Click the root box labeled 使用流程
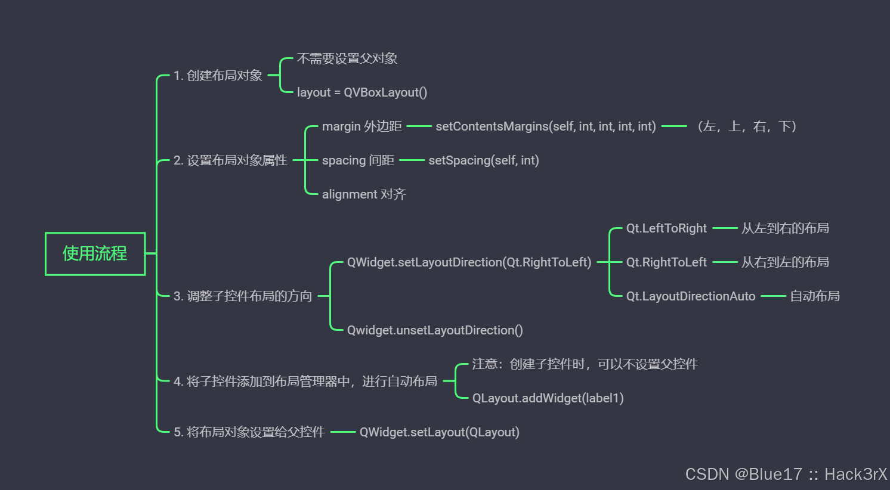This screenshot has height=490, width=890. (x=95, y=254)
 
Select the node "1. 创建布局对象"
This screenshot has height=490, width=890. (x=218, y=76)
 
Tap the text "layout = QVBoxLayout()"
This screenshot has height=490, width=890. (x=361, y=92)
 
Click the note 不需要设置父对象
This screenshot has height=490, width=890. (x=347, y=58)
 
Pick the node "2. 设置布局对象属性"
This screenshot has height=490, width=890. (x=230, y=160)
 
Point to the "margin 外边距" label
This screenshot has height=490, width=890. (x=361, y=126)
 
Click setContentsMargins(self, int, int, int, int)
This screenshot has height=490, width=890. (x=545, y=126)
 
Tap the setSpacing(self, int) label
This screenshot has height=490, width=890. (x=483, y=160)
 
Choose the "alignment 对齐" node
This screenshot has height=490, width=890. (x=363, y=194)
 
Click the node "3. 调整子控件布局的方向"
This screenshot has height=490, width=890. (x=242, y=296)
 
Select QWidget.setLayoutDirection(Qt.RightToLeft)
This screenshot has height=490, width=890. (x=469, y=262)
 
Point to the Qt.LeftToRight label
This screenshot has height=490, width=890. (x=666, y=228)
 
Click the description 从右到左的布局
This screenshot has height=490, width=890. (x=785, y=262)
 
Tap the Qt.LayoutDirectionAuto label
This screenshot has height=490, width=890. (x=690, y=296)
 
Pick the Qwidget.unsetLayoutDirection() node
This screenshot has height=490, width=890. (x=434, y=330)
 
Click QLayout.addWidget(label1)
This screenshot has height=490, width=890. (x=548, y=398)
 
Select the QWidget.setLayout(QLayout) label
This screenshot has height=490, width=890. (x=439, y=432)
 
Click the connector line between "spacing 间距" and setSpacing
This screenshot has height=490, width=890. (x=412, y=160)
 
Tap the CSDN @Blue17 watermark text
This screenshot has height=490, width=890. (x=786, y=474)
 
